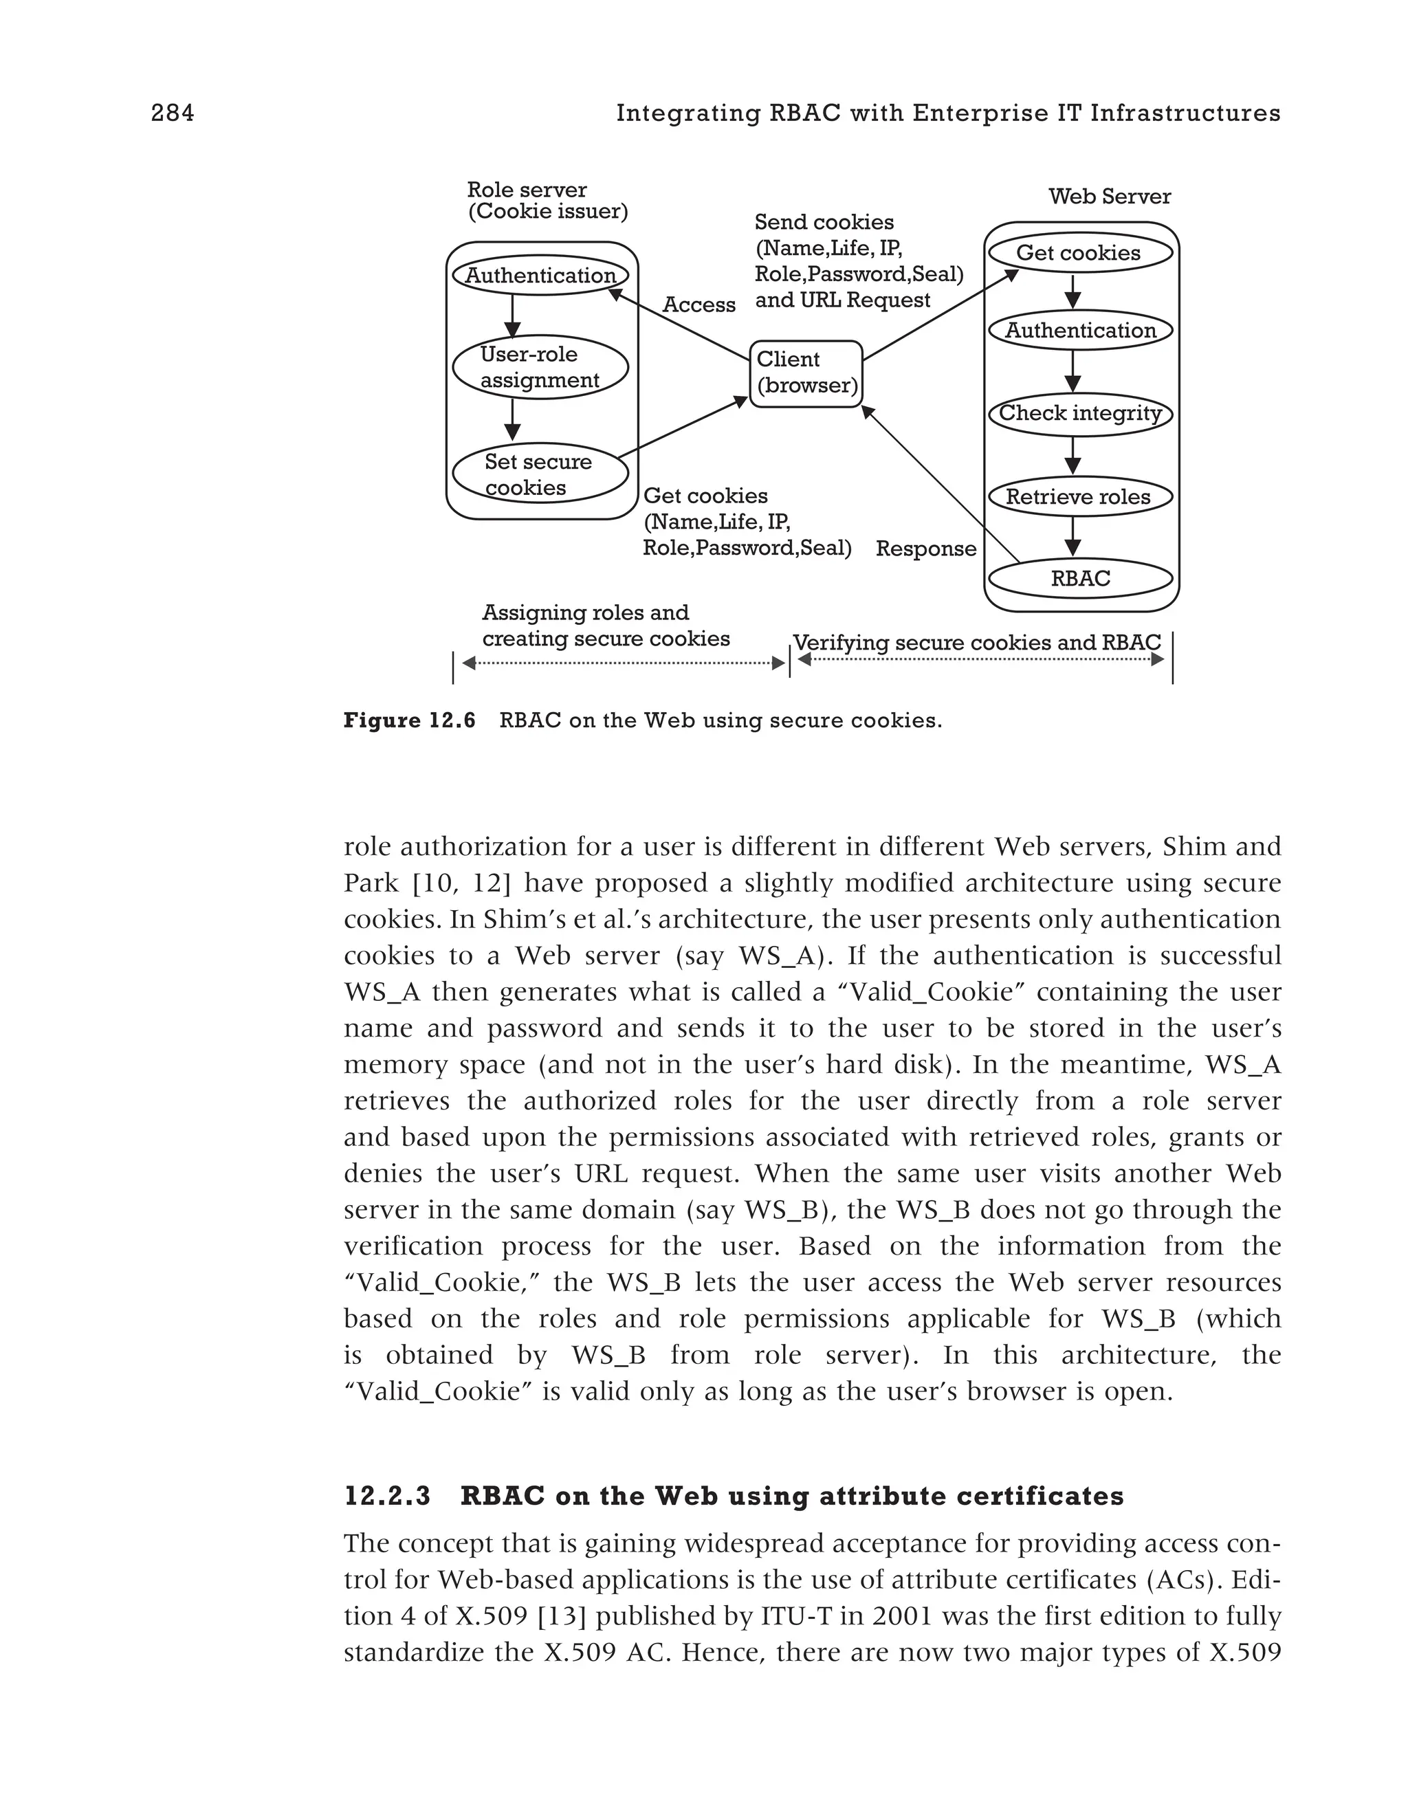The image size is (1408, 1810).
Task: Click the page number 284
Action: coord(173,113)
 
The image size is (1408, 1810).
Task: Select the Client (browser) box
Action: coord(806,373)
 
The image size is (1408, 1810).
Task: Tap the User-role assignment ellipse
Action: coord(540,367)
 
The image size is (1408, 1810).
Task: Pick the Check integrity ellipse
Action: coord(1080,414)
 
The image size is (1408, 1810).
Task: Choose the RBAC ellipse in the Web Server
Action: coord(1080,578)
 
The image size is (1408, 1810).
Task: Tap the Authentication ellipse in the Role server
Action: coord(540,275)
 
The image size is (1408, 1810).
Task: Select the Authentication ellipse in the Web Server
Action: coord(1080,330)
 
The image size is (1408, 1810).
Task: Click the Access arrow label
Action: coord(698,305)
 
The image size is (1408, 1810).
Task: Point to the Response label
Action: coord(925,549)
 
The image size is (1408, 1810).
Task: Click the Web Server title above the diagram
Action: coord(1109,197)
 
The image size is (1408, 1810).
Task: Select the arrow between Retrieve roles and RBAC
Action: coord(1073,536)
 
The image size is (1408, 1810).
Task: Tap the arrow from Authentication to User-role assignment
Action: coord(512,316)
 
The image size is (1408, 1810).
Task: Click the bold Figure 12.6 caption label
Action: coord(409,720)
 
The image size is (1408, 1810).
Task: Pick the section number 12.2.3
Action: coord(387,1496)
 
